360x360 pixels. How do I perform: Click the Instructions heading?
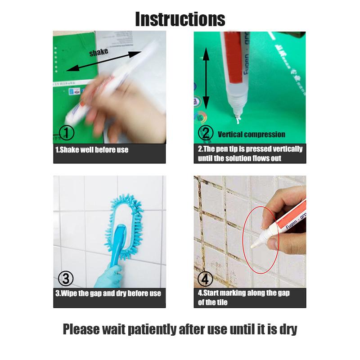point(180,19)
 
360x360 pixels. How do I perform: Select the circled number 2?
point(206,133)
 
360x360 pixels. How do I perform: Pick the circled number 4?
point(206,279)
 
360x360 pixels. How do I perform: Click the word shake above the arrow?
point(99,52)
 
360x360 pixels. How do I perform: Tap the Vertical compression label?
point(252,134)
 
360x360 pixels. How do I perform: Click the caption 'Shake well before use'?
point(92,150)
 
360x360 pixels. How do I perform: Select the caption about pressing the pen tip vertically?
point(250,153)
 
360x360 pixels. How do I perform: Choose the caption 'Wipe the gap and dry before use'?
point(108,293)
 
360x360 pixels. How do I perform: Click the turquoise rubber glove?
point(108,274)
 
